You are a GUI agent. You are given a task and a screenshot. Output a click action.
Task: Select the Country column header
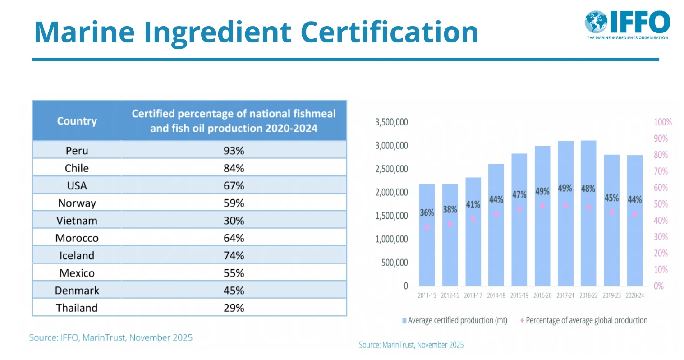tap(77, 121)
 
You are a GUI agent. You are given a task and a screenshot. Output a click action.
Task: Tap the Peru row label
tap(77, 151)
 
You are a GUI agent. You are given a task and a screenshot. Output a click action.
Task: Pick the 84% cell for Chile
tap(234, 168)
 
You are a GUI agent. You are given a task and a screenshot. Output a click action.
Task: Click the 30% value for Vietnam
tap(234, 221)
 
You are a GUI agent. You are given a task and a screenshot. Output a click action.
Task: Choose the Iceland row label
tap(77, 255)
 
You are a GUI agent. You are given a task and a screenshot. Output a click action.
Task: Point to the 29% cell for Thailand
tap(234, 308)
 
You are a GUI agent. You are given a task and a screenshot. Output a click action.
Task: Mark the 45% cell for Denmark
tap(234, 291)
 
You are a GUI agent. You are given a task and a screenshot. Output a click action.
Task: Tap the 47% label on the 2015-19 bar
tap(519, 194)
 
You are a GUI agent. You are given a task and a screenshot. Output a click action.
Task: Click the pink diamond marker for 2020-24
tap(634, 214)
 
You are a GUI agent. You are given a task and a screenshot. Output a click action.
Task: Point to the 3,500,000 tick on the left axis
tap(391, 122)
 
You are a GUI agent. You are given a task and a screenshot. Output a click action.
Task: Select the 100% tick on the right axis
tap(662, 122)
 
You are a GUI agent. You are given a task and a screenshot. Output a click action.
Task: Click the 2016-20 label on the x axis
tap(542, 295)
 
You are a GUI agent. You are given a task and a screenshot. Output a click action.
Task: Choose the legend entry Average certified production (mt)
tap(455, 320)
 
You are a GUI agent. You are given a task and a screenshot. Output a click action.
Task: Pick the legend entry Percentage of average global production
tap(585, 320)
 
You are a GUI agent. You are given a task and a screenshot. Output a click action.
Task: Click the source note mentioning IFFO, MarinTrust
tap(110, 337)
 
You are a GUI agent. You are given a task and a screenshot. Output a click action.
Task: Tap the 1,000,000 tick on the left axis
tap(391, 239)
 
